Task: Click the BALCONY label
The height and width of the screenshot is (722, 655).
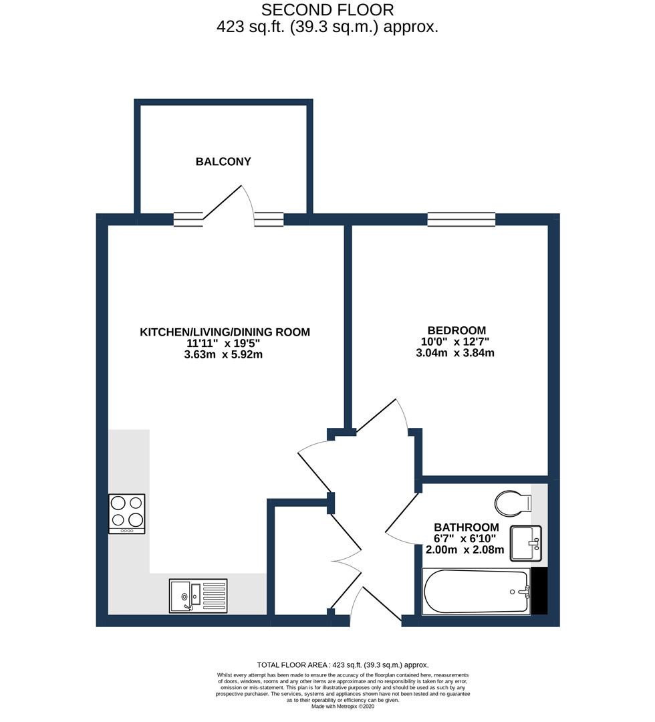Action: tap(223, 161)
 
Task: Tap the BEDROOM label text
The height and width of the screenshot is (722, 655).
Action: tap(456, 330)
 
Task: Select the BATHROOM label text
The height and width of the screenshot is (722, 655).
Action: tap(466, 527)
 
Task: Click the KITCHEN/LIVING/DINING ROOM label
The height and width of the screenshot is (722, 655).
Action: tap(225, 332)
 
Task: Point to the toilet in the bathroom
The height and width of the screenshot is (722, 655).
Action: tap(513, 501)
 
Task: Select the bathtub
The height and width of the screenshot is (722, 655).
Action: tap(476, 592)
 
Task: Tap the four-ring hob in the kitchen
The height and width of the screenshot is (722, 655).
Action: tap(127, 513)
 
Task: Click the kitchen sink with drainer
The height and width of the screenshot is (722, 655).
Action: tap(197, 595)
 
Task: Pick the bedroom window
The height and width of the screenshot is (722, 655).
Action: tap(461, 219)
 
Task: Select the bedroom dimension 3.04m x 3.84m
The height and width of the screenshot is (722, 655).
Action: tap(455, 353)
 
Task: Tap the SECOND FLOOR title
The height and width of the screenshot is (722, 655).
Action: tap(327, 10)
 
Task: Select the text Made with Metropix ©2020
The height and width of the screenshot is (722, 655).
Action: tap(342, 706)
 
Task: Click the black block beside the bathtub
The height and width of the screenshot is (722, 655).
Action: tap(539, 590)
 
